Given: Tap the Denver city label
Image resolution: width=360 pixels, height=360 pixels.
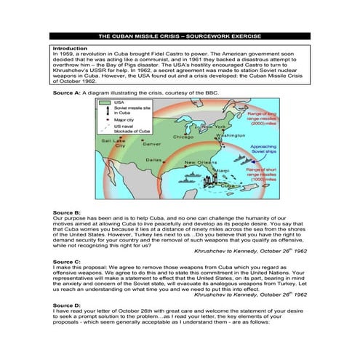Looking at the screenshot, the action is pos(151,144).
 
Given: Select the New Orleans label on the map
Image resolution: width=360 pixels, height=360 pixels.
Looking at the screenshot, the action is pos(199,162).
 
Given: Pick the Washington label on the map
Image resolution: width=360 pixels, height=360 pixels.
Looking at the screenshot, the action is pos(231,135).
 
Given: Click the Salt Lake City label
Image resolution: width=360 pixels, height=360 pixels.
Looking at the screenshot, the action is pos(113,142).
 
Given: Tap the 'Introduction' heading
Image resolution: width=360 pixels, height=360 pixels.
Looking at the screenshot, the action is pos(71,48).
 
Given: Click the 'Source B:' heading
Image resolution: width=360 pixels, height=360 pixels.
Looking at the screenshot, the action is pos(67,212).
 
